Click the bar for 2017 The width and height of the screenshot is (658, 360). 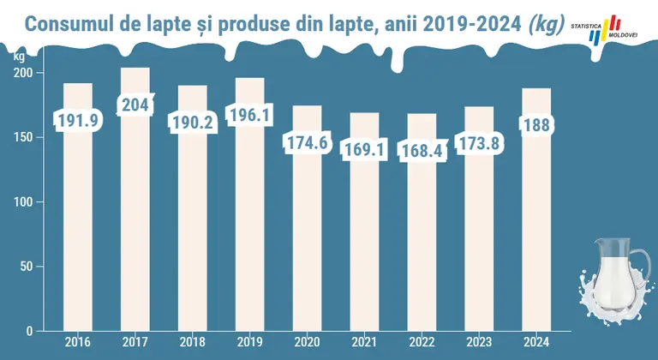[135, 199]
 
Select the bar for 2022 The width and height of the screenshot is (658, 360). [422, 222]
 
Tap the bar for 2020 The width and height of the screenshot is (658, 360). [308, 218]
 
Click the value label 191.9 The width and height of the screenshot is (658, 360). [78, 121]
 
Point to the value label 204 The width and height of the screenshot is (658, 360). [135, 105]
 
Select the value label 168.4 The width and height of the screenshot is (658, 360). [422, 151]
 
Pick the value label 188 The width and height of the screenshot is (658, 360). [536, 125]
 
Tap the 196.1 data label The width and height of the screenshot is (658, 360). [249, 114]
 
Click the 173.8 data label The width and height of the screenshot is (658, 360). [479, 144]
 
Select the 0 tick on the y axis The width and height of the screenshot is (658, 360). [29, 331]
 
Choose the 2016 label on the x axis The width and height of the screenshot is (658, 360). [78, 342]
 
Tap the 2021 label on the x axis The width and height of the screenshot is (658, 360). [364, 342]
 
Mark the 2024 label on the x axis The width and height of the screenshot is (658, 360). [536, 342]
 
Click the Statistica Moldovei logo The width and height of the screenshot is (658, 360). [604, 29]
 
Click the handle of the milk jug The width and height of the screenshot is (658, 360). [641, 269]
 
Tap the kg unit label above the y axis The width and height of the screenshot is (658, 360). [20, 57]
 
